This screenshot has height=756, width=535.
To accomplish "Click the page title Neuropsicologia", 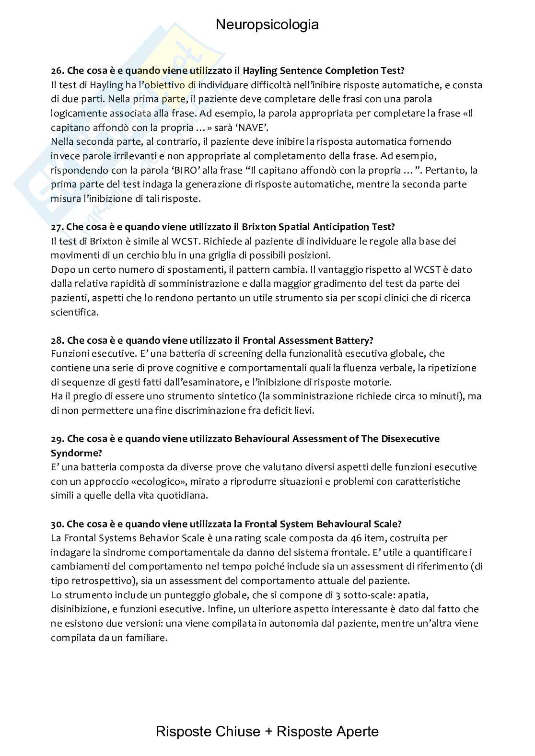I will [x=267, y=24].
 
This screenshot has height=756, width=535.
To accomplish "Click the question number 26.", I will [x=57, y=71].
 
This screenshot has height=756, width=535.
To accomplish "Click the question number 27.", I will [x=57, y=227].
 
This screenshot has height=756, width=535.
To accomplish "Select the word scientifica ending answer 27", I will [x=74, y=312].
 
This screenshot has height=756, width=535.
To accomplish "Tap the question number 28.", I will [x=57, y=340].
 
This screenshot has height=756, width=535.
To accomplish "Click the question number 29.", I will [x=57, y=439].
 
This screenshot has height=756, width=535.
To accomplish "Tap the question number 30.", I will [x=57, y=524].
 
